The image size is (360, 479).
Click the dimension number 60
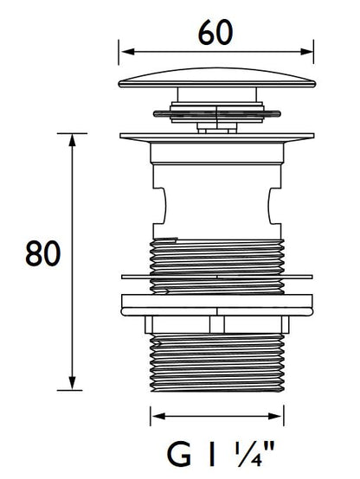click(x=215, y=32)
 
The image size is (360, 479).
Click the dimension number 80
click(x=43, y=253)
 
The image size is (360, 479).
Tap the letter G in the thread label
click(x=179, y=455)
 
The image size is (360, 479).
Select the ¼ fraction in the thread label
click(x=248, y=455)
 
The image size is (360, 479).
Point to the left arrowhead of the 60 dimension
click(x=128, y=51)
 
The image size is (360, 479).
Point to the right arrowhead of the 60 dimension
click(x=307, y=51)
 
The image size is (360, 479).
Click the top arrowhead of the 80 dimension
click(x=72, y=141)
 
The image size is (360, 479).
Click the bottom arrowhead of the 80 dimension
click(x=72, y=383)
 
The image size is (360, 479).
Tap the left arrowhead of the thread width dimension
click(x=159, y=416)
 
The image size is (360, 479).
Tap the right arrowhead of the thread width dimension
click(x=274, y=416)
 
